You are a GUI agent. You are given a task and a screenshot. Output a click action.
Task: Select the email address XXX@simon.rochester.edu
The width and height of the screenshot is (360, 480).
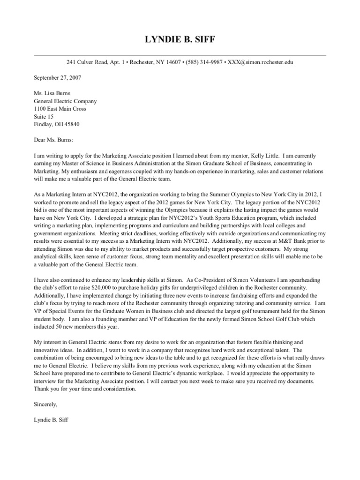260,62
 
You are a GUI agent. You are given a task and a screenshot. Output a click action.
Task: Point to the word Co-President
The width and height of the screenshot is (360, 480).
208,279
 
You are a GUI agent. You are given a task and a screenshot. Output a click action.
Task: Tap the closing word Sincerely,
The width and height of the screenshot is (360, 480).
46,403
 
